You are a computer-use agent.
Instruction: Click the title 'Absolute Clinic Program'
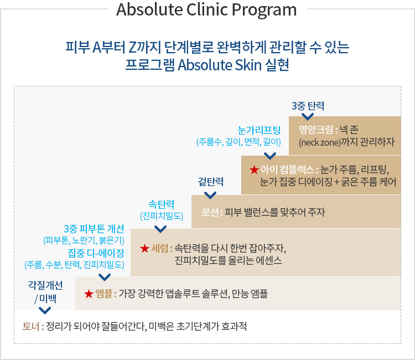click(x=206, y=10)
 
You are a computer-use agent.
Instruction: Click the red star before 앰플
click(x=89, y=293)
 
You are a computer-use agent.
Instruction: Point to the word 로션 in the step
click(x=210, y=212)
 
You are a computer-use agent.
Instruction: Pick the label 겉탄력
click(x=210, y=182)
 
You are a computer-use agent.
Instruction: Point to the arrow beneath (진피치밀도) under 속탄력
click(x=160, y=229)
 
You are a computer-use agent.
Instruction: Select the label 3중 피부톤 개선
click(x=94, y=229)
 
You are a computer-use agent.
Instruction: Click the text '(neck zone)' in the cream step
click(x=318, y=142)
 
